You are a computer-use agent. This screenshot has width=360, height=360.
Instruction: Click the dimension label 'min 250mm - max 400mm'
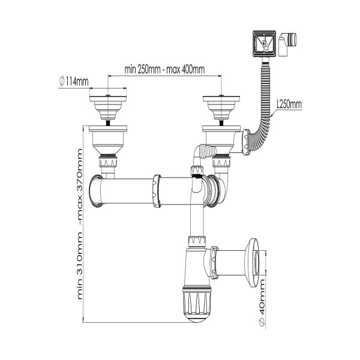coord(164,69)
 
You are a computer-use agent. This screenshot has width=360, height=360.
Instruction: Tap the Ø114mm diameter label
coord(74,81)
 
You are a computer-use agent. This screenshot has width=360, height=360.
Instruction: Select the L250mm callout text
coord(289,104)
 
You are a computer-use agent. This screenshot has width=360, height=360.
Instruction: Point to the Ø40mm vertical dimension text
coord(262,302)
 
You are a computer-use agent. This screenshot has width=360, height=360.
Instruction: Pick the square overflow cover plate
coord(264,43)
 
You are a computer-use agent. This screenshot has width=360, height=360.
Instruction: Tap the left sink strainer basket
coord(107,107)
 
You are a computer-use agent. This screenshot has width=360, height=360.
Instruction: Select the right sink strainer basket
coord(221,107)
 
